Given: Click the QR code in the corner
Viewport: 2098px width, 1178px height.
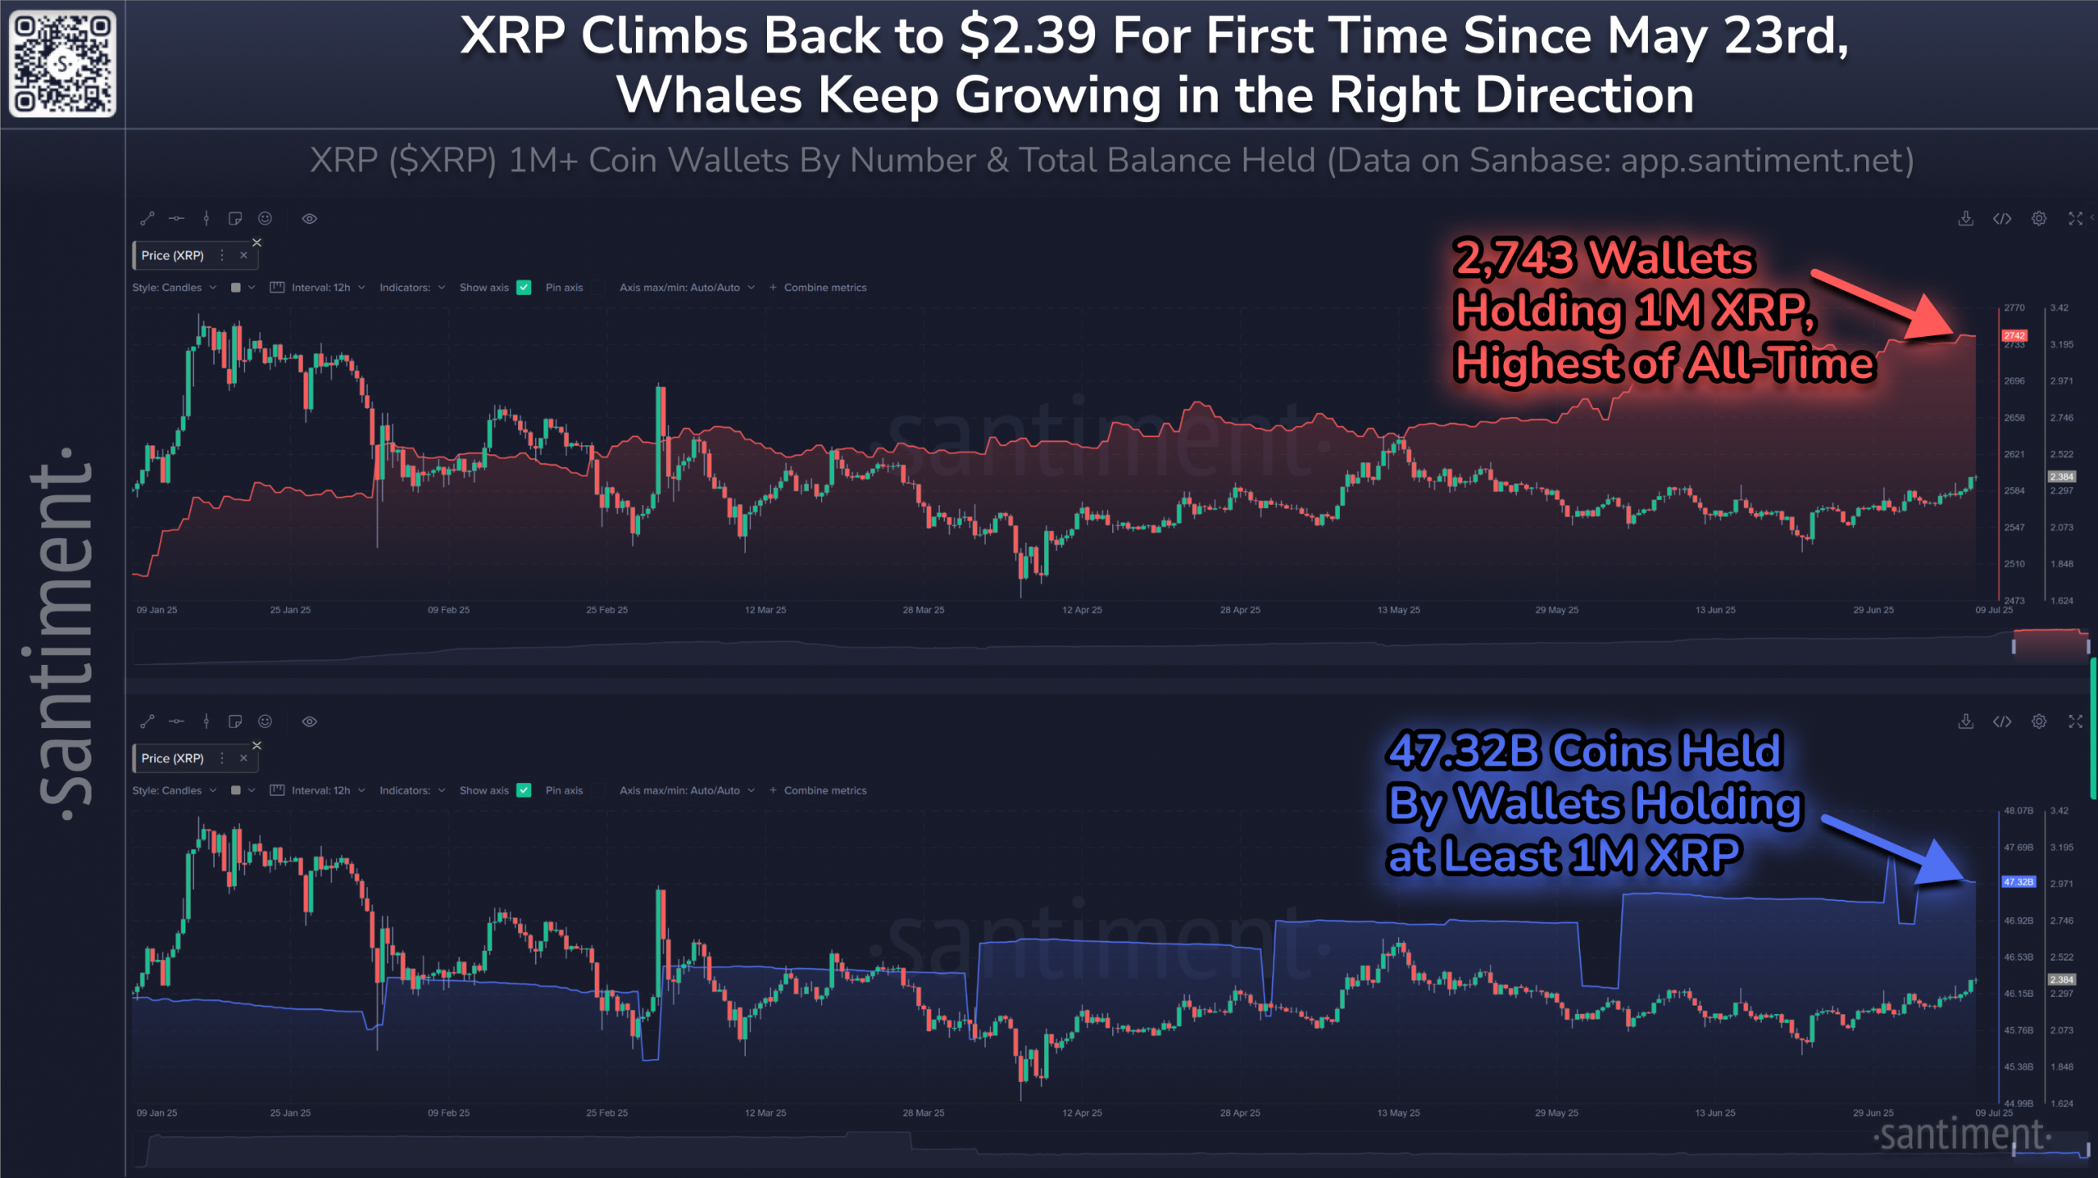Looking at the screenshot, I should [x=62, y=63].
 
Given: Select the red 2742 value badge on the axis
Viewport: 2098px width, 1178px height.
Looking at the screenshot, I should [x=2014, y=336].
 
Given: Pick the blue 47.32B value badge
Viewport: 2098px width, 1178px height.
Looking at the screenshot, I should [x=2018, y=882].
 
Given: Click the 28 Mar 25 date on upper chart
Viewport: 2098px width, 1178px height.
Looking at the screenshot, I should [x=923, y=610].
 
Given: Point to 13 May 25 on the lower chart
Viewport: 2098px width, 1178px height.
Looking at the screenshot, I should [x=1398, y=1113].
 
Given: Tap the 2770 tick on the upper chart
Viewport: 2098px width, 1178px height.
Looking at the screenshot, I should [x=2014, y=308].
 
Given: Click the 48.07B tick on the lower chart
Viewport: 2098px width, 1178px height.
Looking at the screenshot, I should [x=2018, y=811].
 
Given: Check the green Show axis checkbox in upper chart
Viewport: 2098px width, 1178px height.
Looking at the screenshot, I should [x=524, y=288].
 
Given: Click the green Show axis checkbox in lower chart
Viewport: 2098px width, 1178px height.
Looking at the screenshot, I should [x=524, y=791].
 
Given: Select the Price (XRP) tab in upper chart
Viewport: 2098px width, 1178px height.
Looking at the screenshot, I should [x=173, y=256].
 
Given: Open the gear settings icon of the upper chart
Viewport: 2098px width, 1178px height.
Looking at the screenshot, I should [x=2038, y=219].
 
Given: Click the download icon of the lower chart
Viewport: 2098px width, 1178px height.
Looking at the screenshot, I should [x=1965, y=721].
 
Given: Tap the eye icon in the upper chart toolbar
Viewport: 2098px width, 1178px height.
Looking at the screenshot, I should [x=309, y=219].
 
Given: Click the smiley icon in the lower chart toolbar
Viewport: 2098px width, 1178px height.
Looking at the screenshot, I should [x=265, y=721].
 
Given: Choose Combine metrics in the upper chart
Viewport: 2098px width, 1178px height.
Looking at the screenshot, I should [x=824, y=288].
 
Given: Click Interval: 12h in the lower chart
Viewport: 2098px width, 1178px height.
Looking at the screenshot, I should [x=320, y=791].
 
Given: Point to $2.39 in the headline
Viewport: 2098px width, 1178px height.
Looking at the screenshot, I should [x=1028, y=37].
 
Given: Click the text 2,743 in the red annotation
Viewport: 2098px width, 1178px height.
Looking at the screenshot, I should [x=1514, y=258].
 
